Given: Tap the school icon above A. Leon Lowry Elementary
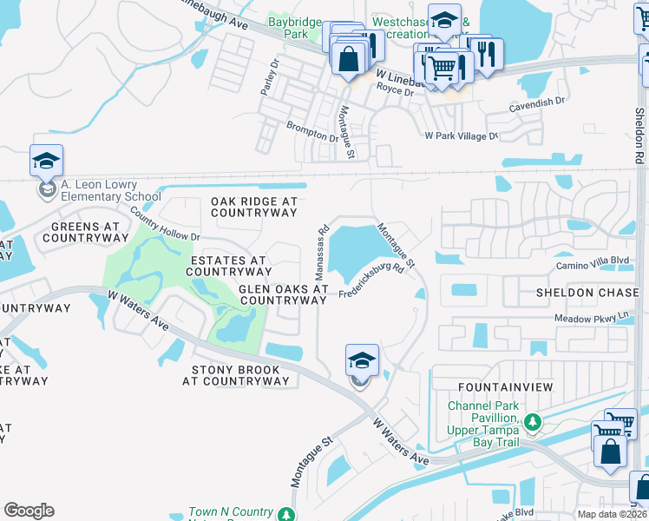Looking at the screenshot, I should (x=46, y=162).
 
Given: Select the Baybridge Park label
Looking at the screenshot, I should (x=295, y=28).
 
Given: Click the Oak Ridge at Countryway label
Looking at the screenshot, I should (x=253, y=207).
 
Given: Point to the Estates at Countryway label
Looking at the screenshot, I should (x=228, y=266).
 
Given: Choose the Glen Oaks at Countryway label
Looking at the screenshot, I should (x=284, y=294).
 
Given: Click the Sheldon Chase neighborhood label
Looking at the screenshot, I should (x=587, y=293).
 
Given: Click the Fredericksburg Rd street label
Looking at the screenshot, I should (x=372, y=281).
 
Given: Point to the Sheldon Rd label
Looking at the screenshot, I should (x=639, y=139).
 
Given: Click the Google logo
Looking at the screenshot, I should (x=29, y=511).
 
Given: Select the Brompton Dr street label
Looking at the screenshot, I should (x=312, y=132).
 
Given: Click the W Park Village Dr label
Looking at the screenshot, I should (x=461, y=136).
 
